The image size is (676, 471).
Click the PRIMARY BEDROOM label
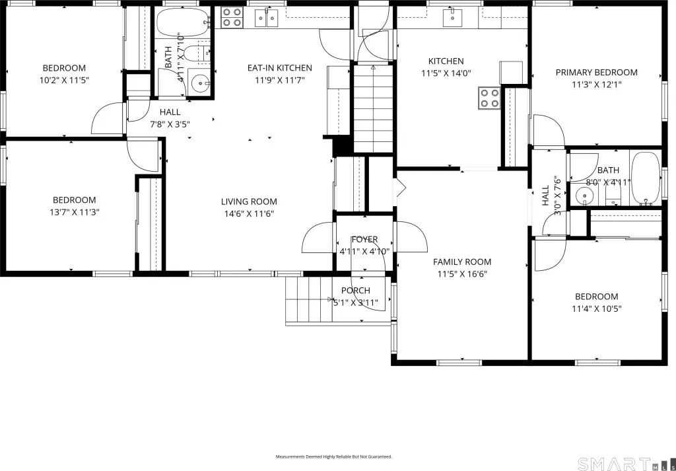point(596,73)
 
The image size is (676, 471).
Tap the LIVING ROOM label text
point(249,201)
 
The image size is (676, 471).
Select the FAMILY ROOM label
point(462,262)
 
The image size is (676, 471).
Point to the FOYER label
point(364,239)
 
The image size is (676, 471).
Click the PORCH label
point(356,291)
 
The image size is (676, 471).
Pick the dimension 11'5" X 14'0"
point(446,73)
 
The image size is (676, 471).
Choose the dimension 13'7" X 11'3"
point(75,212)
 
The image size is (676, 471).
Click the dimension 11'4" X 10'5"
point(597,308)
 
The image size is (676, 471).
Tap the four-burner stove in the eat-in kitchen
point(232,18)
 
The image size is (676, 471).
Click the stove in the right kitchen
point(489,98)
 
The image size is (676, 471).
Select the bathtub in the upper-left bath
point(183,22)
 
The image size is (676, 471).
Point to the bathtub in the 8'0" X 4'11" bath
point(646,178)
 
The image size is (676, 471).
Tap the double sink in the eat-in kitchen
point(267,18)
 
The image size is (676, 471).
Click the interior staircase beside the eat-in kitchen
point(374,108)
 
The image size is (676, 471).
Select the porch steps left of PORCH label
point(309,299)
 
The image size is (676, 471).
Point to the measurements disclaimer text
point(334,456)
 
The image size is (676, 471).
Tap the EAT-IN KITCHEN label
point(279,68)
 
